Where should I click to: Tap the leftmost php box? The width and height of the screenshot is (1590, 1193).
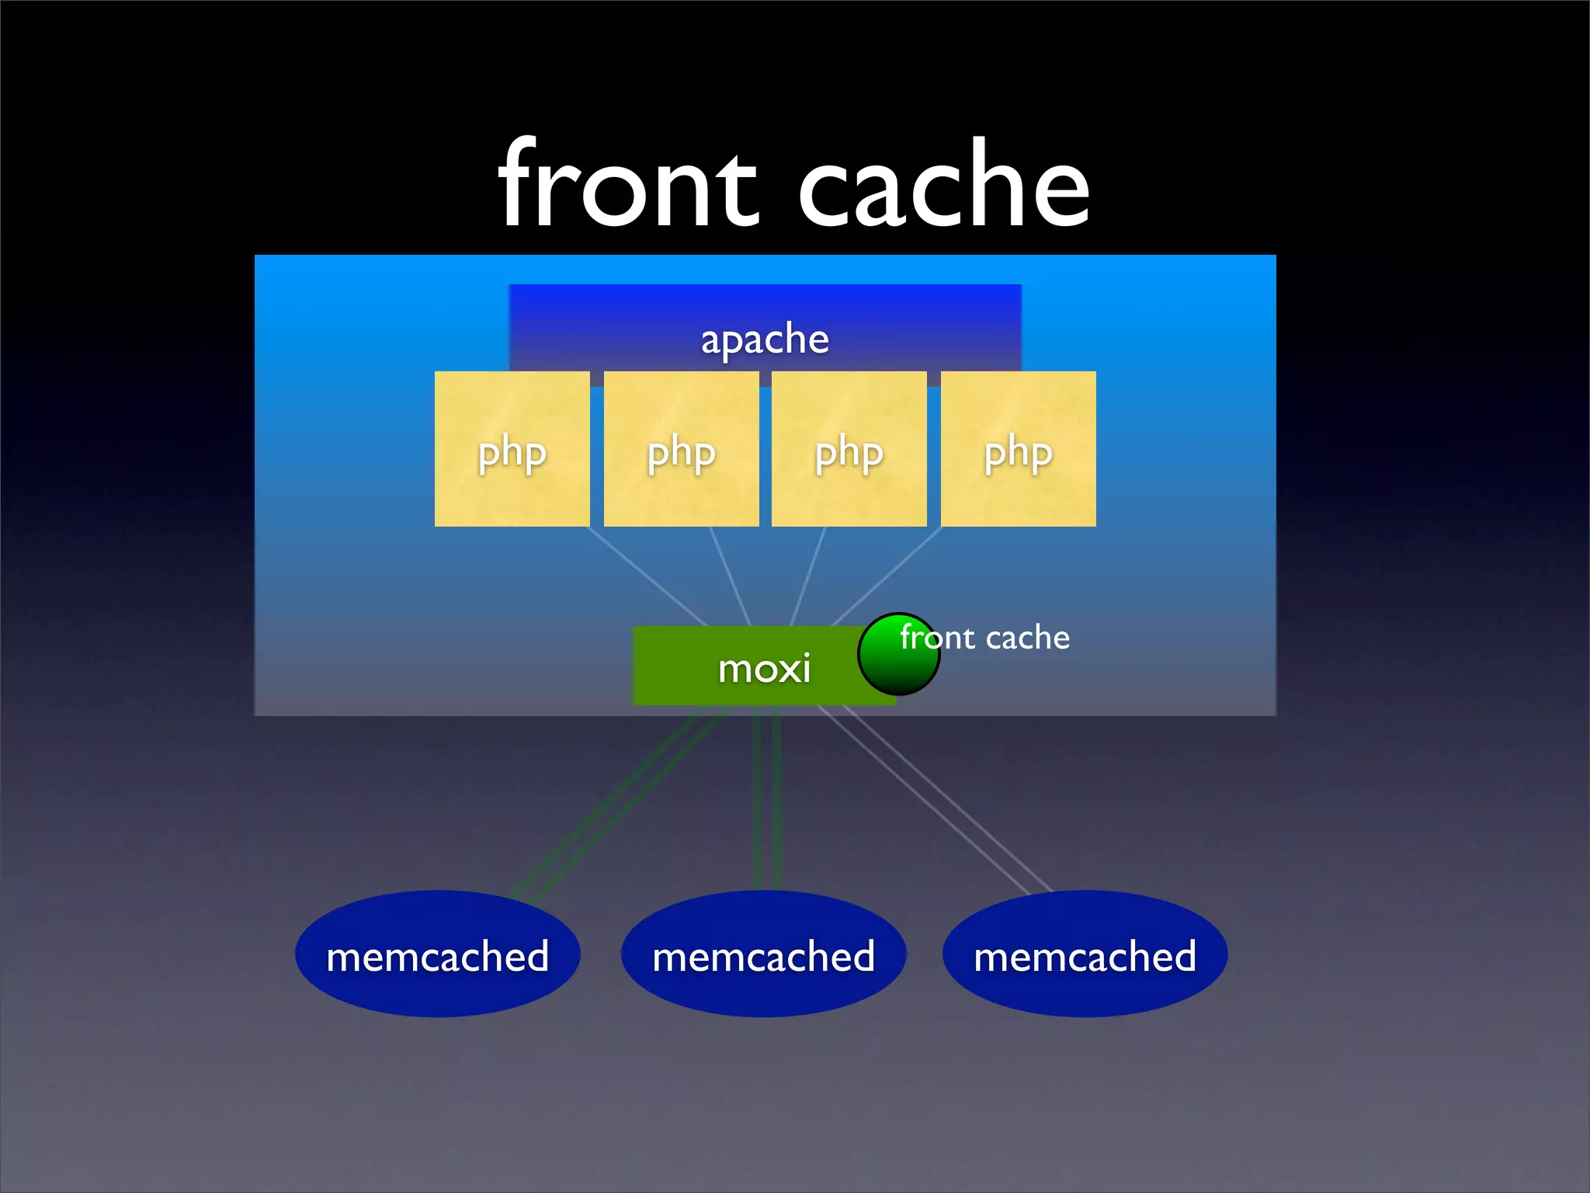[x=512, y=449]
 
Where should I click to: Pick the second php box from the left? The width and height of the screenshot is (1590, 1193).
[x=681, y=449]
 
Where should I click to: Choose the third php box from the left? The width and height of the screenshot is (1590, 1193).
[x=849, y=449]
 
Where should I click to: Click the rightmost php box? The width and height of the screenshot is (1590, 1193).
[x=1018, y=449]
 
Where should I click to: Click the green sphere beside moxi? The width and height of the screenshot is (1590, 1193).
[x=898, y=655]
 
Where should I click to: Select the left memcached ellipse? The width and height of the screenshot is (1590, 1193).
[x=437, y=954]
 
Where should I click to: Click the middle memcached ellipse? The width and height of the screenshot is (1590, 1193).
[x=763, y=954]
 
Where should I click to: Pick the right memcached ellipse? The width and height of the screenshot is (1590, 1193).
[x=1085, y=954]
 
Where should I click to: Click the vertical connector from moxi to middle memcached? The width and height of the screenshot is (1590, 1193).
[x=765, y=800]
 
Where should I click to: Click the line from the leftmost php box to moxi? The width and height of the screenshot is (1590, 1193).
[x=648, y=576]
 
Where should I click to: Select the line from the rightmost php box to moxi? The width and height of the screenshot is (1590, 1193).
[x=885, y=576]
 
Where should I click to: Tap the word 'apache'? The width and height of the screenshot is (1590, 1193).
[x=765, y=339]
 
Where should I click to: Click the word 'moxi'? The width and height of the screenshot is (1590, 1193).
[x=764, y=668]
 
